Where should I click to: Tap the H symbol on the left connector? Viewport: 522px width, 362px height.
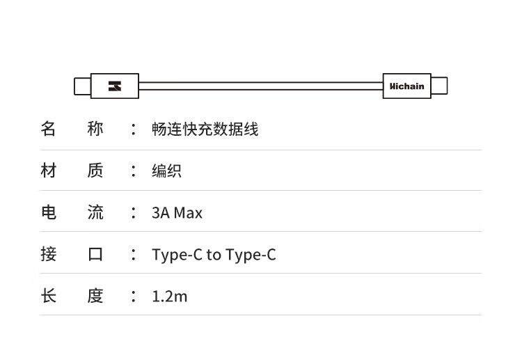[115, 86]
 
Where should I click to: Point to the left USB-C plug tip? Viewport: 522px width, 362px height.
[82, 86]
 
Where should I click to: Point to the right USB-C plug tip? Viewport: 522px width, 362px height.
[439, 86]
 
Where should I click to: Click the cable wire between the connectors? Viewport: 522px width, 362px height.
[260, 86]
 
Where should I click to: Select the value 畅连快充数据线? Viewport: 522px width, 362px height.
[205, 129]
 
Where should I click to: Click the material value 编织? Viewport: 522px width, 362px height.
[166, 171]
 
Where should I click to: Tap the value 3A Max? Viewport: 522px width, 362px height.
[177, 212]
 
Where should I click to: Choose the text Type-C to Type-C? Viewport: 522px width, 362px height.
[214, 254]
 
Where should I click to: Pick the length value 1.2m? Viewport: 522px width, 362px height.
[169, 296]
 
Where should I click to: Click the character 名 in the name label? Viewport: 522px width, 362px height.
[48, 129]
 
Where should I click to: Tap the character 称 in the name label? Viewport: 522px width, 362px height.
[95, 129]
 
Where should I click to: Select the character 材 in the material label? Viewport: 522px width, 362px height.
[48, 171]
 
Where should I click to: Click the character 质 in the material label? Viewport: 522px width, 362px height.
[95, 171]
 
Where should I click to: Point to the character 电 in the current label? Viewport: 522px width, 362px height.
[48, 212]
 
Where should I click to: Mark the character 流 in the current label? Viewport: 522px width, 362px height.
[95, 212]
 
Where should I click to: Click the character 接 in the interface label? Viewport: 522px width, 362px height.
[48, 254]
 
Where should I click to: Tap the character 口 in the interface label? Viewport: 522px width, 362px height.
[95, 254]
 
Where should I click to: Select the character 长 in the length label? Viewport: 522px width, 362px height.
[48, 296]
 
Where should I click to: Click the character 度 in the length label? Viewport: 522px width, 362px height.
[95, 296]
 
